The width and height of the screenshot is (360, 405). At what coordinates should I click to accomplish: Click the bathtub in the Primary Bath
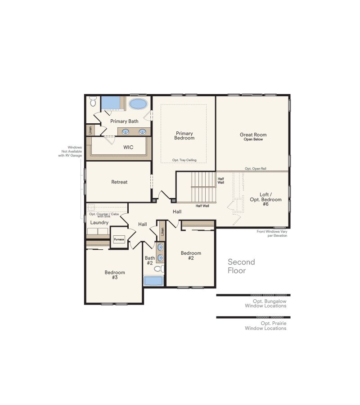138,104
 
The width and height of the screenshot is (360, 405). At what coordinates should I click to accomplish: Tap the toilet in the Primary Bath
93,101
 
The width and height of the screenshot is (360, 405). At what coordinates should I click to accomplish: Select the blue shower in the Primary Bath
111,103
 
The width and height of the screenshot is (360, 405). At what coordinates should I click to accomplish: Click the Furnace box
119,239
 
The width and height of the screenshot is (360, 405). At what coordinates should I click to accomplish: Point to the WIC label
128,147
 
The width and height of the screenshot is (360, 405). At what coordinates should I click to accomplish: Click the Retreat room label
119,182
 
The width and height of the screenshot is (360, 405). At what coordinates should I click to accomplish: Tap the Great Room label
253,135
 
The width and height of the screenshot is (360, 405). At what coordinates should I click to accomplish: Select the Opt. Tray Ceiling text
184,160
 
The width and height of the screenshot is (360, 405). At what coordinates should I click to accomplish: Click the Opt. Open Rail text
256,169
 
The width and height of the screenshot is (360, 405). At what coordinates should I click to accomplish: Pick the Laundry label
99,223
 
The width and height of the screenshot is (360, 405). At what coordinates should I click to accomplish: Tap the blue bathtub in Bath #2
153,281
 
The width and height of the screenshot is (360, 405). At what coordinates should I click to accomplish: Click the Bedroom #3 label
115,275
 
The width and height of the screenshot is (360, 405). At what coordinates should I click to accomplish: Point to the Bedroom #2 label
191,256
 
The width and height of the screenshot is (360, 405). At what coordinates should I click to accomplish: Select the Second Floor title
241,266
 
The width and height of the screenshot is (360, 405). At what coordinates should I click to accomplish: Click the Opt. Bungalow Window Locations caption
265,303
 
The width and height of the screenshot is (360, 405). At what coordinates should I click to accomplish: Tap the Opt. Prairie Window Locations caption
265,326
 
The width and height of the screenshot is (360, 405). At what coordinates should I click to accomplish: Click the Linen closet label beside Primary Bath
90,130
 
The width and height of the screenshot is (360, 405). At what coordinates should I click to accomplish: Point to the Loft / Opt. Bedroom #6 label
265,199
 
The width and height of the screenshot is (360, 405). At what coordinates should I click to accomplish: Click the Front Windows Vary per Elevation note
272,234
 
